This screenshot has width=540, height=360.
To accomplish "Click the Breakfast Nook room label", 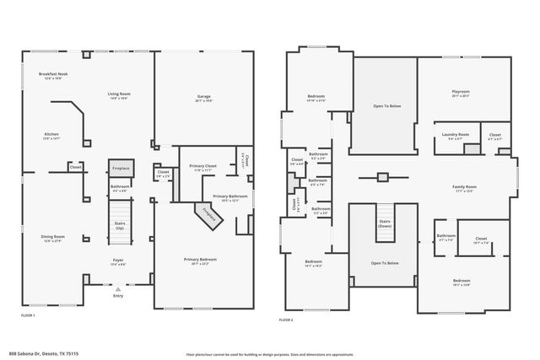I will pos(52,75).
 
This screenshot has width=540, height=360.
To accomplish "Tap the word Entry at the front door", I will pos(117,296).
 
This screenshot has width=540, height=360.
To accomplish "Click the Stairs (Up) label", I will pos(120,225).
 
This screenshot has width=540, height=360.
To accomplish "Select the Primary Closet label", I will pos(202,166).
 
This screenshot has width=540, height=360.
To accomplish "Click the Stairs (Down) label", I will pos(384,225).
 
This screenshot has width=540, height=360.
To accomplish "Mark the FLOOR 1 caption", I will pos(28,314).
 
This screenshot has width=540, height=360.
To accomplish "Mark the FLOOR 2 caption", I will pos(286,320).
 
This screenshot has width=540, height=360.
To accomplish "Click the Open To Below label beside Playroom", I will pos(385,106).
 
